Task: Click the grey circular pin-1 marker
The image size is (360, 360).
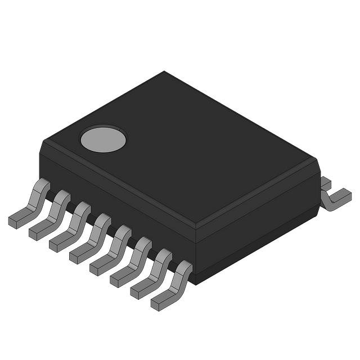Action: coord(103,139)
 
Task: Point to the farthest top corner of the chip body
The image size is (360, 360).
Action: coord(164,72)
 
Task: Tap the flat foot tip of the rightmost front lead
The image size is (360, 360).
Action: coord(159,304)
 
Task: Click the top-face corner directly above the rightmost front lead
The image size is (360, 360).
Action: coord(195,228)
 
